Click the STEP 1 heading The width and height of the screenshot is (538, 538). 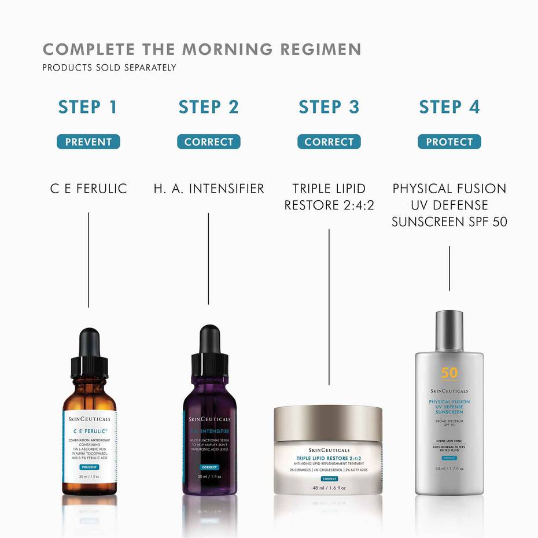click(88, 107)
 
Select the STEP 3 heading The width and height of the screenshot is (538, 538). click(329, 107)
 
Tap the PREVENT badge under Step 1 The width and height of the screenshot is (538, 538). click(88, 142)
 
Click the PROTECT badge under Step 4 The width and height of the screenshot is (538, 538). click(449, 142)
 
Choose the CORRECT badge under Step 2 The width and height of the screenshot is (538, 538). click(208, 142)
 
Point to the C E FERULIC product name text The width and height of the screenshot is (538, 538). click(89, 189)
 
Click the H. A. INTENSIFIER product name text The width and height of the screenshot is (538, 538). click(209, 189)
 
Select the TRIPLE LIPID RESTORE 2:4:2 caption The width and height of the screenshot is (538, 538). click(329, 197)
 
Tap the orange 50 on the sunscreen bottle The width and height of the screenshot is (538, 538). click(449, 373)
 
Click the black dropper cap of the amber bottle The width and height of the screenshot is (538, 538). click(89, 353)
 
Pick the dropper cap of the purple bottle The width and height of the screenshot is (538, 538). click(209, 350)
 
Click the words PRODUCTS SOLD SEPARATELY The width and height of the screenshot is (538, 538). click(109, 68)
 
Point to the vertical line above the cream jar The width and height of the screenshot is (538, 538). click(329, 307)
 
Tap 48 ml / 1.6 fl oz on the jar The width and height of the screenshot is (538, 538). click(328, 488)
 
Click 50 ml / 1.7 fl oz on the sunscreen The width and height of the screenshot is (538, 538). click(449, 468)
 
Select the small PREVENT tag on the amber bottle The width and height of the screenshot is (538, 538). click(89, 467)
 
